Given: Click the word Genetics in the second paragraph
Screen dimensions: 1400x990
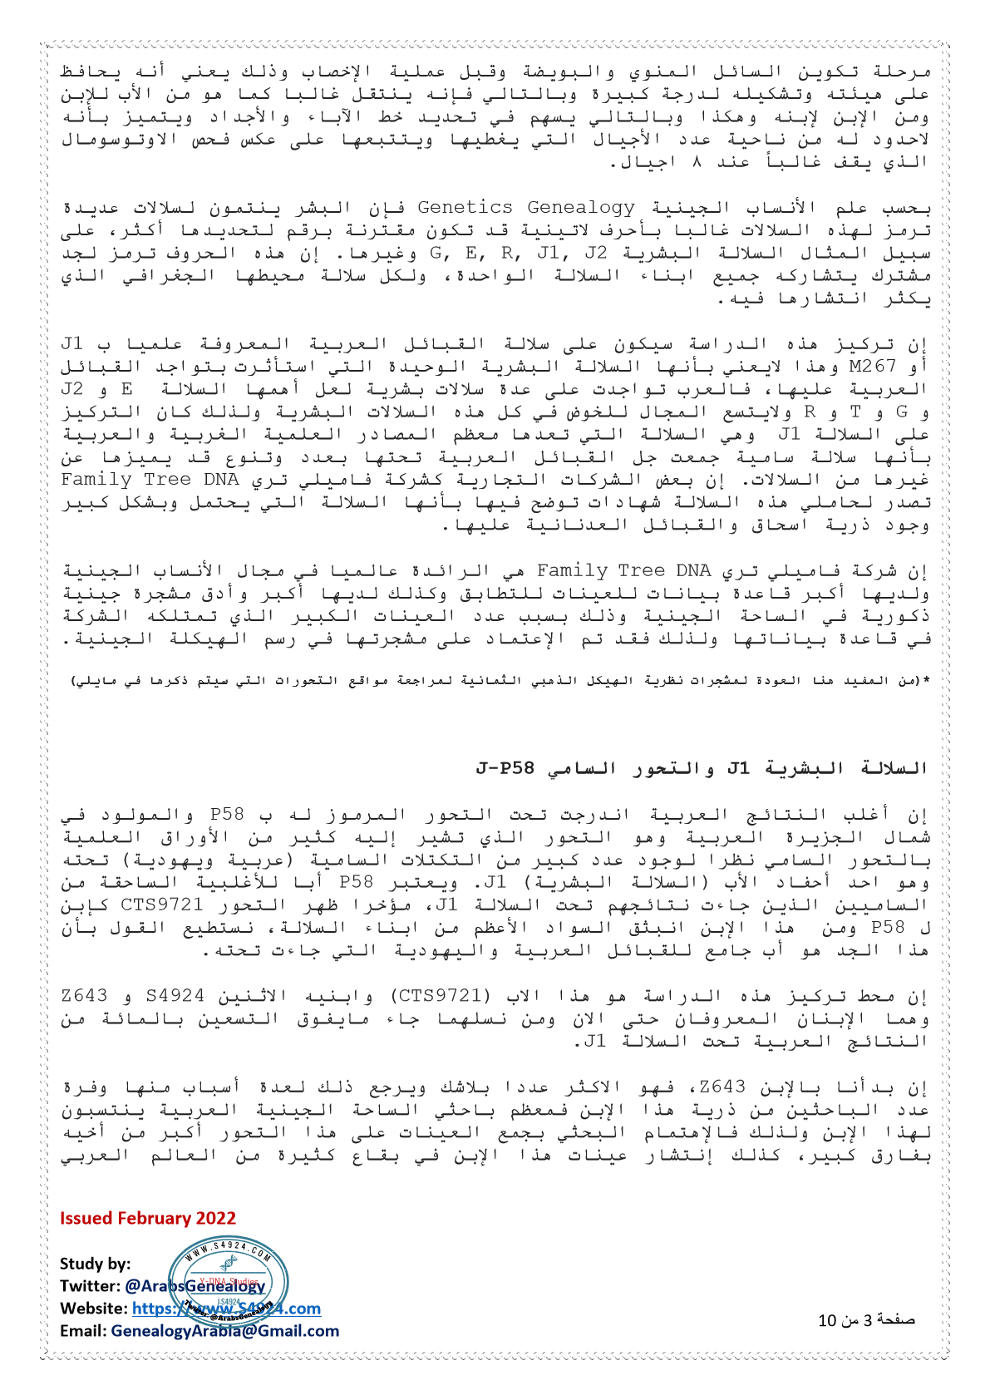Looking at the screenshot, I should (465, 207).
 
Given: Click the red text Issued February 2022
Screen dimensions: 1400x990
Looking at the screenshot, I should (147, 1218).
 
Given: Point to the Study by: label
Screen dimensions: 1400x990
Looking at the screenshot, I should (95, 1264).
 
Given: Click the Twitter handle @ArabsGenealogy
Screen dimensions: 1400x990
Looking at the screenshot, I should (195, 1286).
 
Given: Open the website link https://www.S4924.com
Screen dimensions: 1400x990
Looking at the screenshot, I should (226, 1309).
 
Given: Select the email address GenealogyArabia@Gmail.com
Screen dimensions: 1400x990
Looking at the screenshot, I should (224, 1331).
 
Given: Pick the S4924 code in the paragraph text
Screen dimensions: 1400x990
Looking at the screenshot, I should (175, 996).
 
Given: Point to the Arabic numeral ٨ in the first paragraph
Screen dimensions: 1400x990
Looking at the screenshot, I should (698, 162).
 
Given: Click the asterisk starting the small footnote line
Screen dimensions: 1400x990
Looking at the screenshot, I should (926, 681).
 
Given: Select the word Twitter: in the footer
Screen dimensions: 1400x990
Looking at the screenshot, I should (90, 1286).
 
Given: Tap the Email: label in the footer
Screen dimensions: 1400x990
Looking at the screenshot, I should (83, 1331).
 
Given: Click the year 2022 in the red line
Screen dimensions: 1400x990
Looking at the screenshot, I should (216, 1218).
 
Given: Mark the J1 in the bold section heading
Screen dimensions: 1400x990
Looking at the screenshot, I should (738, 767).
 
